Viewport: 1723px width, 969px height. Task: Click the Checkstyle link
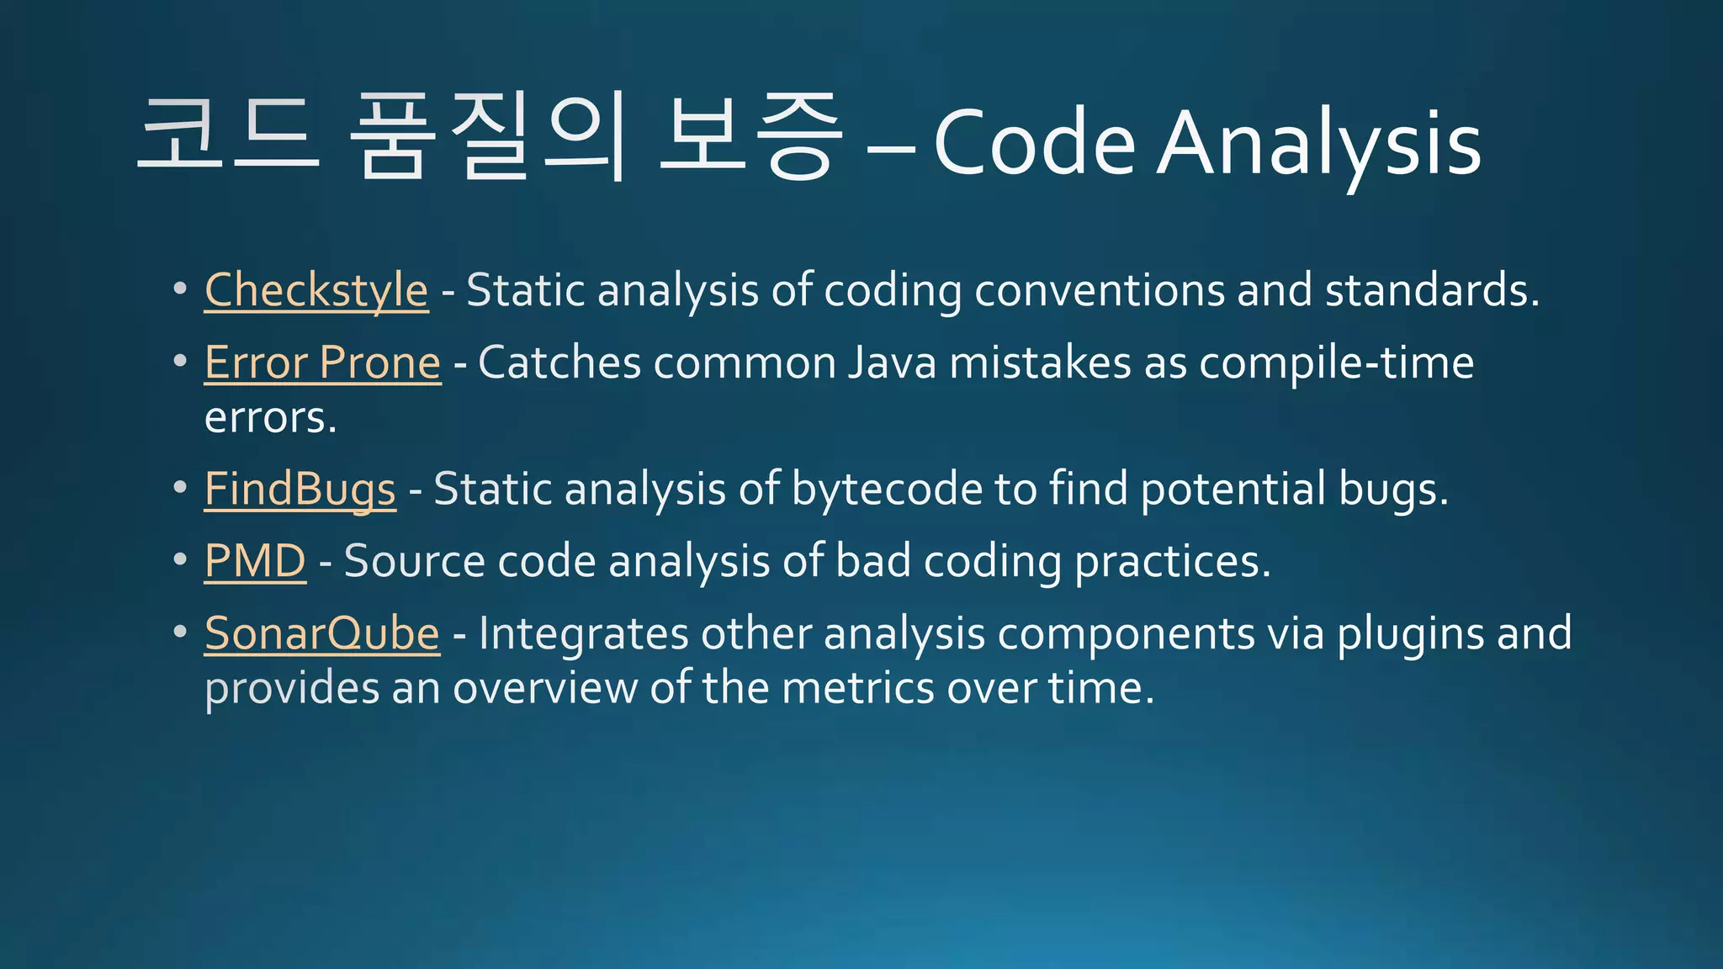316,291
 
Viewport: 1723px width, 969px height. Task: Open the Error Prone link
322,363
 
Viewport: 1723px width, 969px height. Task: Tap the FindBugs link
300,490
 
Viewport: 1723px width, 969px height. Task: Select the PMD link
255,561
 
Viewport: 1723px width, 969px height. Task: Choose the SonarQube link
321,633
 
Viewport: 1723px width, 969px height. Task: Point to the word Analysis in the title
1318,145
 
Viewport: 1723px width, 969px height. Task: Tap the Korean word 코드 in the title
229,135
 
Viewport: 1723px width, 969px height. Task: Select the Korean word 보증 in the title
750,136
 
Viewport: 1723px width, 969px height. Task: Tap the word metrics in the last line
857,688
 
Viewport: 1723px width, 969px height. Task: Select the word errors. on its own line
270,418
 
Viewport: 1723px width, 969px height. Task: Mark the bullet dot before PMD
179,559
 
